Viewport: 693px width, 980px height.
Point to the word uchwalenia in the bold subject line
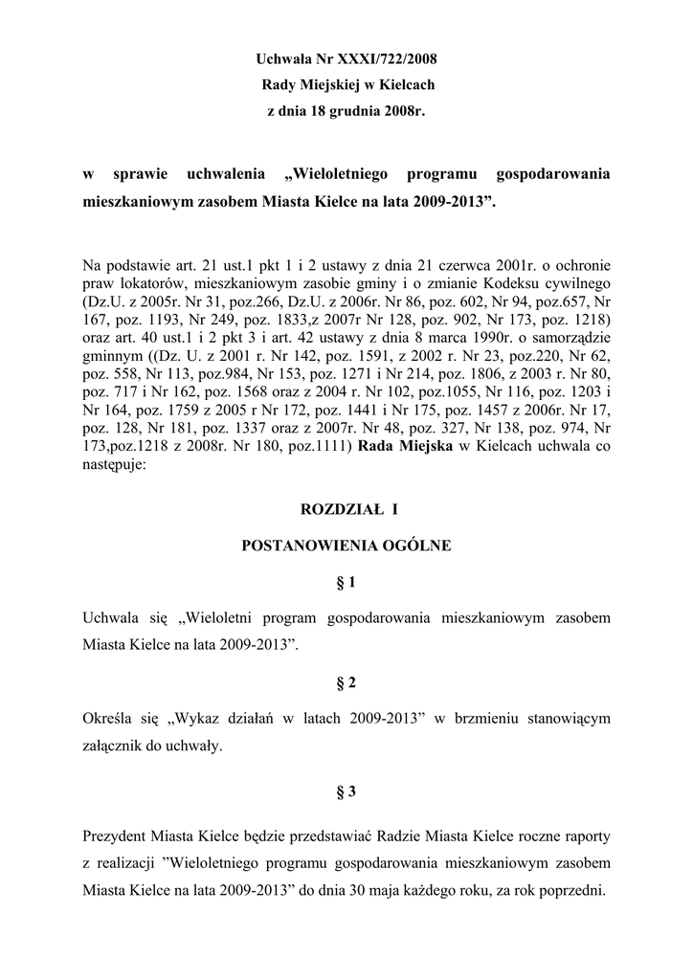(226, 175)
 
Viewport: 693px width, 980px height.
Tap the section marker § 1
(346, 583)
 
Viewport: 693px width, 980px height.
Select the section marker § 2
(346, 682)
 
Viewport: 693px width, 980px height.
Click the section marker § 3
(346, 791)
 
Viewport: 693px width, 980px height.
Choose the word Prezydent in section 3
(117, 835)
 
